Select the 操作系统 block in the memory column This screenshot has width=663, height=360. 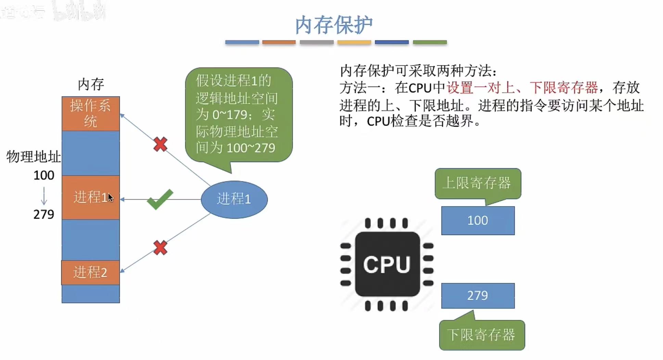point(91,113)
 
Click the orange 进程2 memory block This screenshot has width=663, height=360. point(90,273)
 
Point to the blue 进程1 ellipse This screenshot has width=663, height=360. point(234,199)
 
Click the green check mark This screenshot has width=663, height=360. point(160,199)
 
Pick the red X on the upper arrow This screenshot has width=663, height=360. point(160,144)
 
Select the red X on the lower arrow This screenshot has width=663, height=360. point(160,248)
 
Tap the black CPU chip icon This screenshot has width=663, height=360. point(387,264)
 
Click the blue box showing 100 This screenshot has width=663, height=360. point(478,221)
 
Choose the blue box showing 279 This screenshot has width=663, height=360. point(478,296)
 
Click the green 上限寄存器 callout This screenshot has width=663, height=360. point(478,183)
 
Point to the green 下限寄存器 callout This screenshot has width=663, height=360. point(482,335)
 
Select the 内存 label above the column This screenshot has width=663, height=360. point(91,84)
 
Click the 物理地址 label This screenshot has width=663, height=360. point(34,157)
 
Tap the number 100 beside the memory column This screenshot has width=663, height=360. point(44,175)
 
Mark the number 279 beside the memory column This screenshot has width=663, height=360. point(44,214)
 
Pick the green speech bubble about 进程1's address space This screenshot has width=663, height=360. point(239,115)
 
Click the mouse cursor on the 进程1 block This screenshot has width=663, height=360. point(110,198)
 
